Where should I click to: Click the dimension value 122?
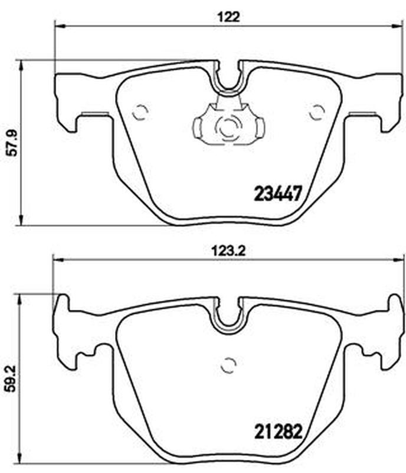pos(228,17)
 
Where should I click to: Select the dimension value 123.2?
pos(228,251)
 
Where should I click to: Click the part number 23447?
pos(278,193)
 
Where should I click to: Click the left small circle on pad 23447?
pos(140,112)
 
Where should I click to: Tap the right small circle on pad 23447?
pos(317,112)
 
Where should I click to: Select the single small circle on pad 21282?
pos(228,365)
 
